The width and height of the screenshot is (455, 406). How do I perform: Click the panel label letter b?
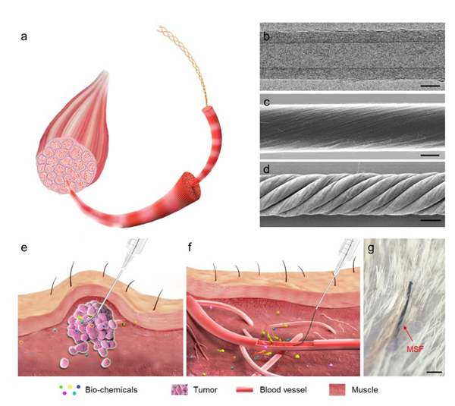point(265,36)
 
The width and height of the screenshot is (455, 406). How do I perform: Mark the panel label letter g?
point(372,249)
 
